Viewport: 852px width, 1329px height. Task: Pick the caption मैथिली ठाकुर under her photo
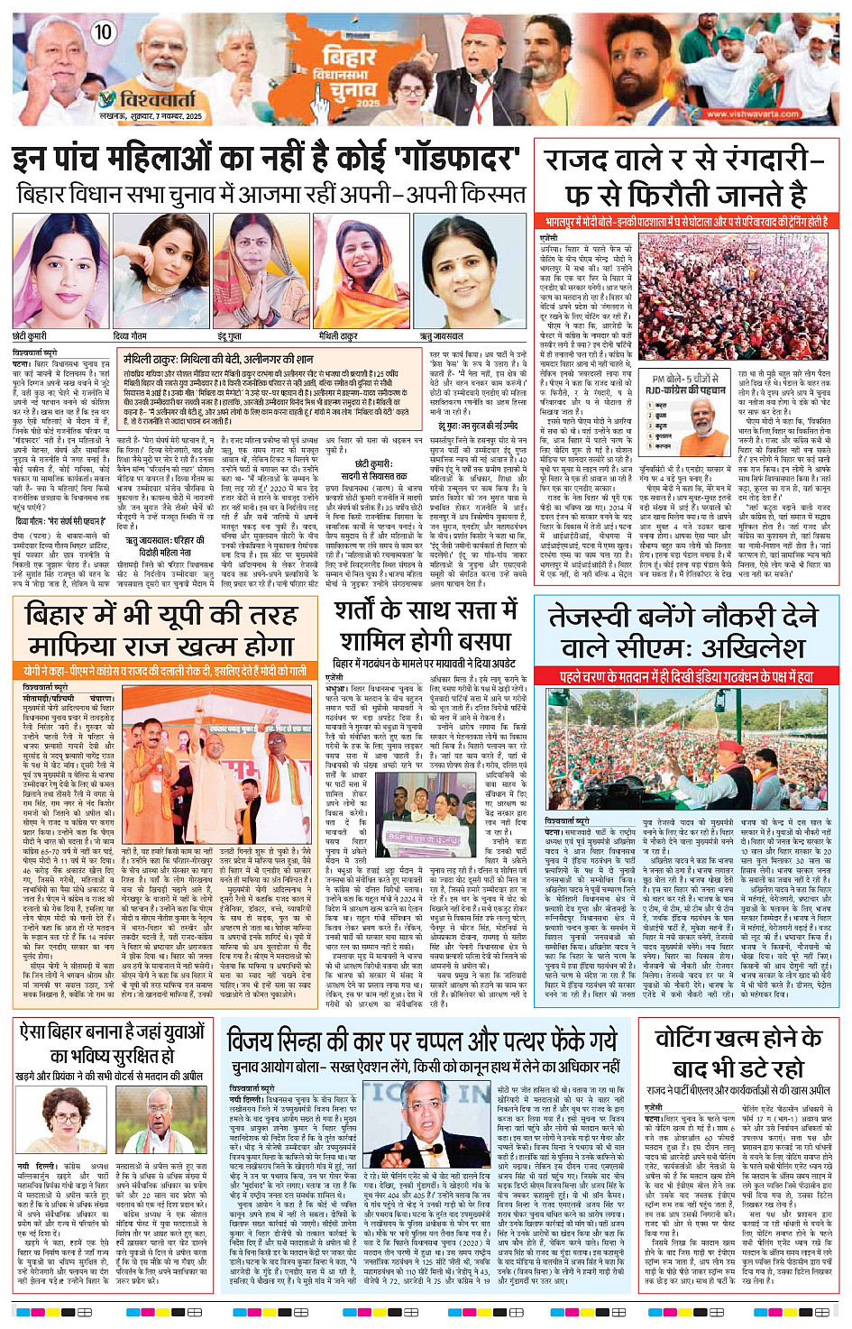pyautogui.click(x=338, y=336)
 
